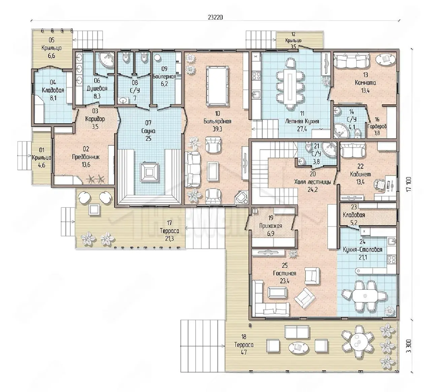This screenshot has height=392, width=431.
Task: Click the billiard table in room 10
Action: pyautogui.click(x=218, y=86)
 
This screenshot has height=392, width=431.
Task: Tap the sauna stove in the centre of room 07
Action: pyautogui.click(x=150, y=172)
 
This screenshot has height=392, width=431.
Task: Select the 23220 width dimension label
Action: pyautogui.click(x=215, y=18)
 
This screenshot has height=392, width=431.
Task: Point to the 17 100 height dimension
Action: pyautogui.click(x=409, y=184)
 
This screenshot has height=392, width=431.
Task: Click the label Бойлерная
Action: pyautogui.click(x=164, y=77)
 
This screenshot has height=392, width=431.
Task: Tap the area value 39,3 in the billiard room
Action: pyautogui.click(x=217, y=129)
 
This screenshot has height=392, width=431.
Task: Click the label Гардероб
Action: pyautogui.click(x=377, y=126)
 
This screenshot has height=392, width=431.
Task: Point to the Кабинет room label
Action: pyautogui.click(x=360, y=174)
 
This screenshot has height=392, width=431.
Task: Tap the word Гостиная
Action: pyautogui.click(x=285, y=273)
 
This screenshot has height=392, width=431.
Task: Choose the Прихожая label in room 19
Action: pyautogui.click(x=270, y=226)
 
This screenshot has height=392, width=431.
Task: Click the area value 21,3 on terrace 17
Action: pyautogui.click(x=169, y=238)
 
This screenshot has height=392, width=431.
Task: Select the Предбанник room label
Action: pyautogui.click(x=86, y=157)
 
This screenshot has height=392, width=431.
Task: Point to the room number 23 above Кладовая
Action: pyautogui.click(x=354, y=207)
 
